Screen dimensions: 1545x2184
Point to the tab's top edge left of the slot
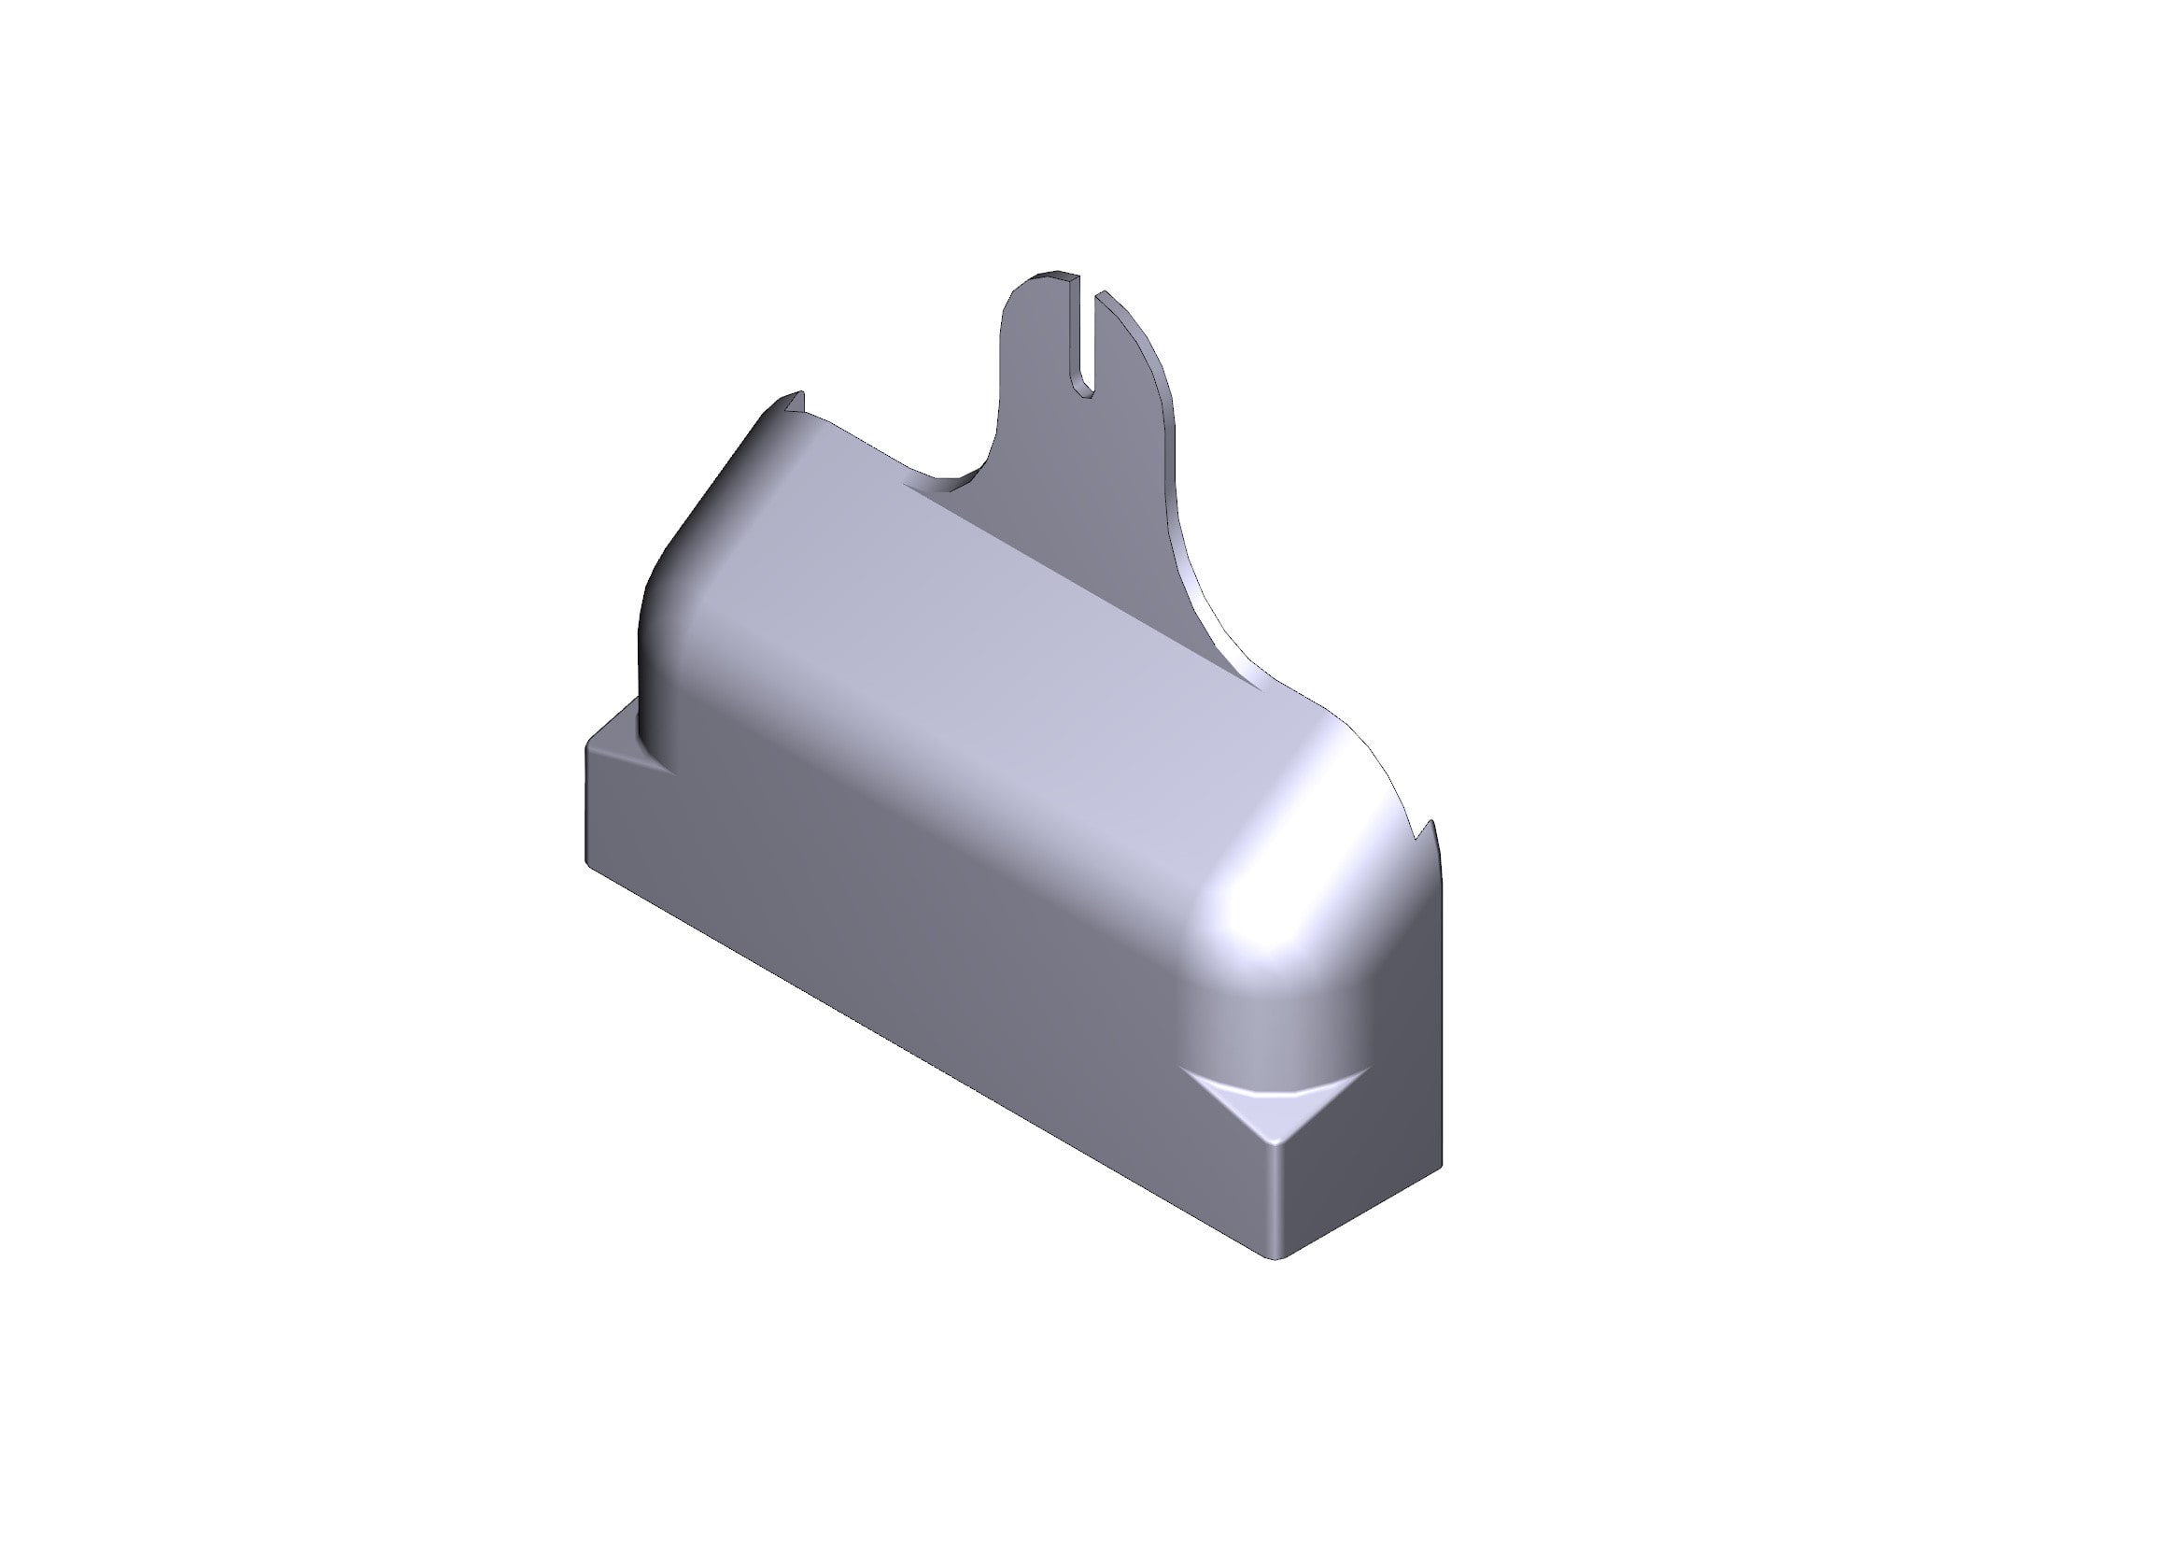[x=1054, y=276]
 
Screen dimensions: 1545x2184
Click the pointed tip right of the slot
[x=1104, y=297]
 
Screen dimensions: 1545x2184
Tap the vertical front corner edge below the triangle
[x=1275, y=1198]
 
